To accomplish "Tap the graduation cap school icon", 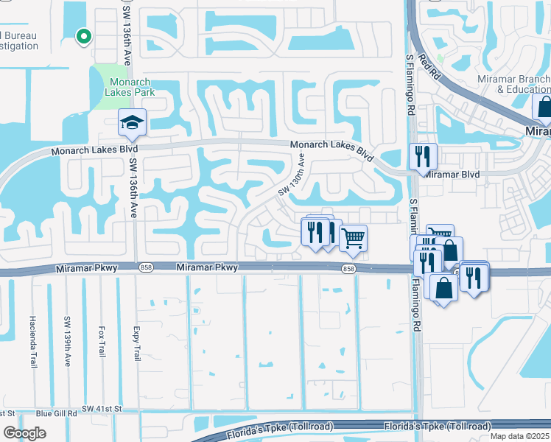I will (133, 122).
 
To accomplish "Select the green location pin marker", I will (83, 35).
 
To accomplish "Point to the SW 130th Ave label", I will (291, 175).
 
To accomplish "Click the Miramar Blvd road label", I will (450, 174).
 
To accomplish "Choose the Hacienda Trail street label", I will (32, 333).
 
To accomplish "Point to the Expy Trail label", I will (136, 343).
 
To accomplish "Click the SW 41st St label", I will (102, 408).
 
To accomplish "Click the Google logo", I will (25, 433).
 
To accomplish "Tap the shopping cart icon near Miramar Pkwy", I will (354, 237).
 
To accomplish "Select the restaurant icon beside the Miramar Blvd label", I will (423, 155).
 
